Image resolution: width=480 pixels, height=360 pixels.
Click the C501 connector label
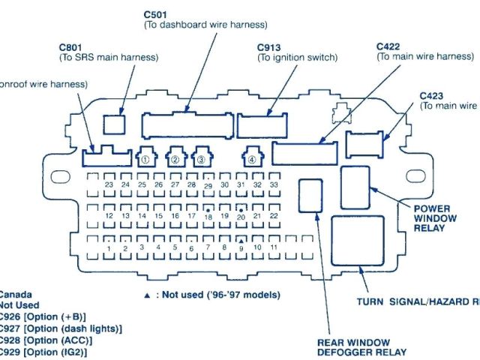coord(155,14)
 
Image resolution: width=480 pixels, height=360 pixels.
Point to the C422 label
coord(388,46)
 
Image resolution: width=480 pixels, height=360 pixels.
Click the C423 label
coord(431,95)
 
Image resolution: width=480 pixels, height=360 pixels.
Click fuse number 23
coord(109,184)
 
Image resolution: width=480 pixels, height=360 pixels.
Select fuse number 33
coord(274,184)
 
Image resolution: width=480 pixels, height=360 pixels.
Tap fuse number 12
coord(109,215)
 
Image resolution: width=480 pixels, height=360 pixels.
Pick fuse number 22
coord(274,215)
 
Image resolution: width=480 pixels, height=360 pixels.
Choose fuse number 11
coord(274,246)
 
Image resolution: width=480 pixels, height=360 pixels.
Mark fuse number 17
coord(192,215)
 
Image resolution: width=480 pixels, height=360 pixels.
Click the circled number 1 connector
coord(145,158)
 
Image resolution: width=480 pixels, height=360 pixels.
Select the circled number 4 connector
coord(252,158)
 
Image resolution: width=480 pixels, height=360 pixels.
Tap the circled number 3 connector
coord(200,158)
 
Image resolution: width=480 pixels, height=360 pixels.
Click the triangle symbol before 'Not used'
coord(147,295)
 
